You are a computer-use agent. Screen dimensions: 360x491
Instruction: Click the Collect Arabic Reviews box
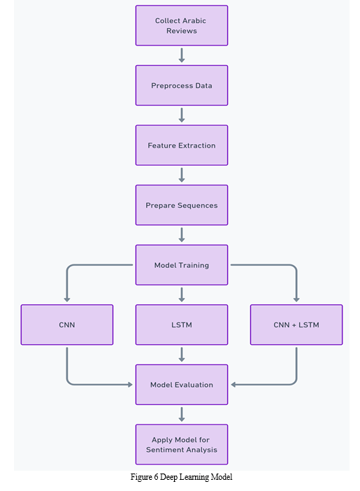(x=182, y=25)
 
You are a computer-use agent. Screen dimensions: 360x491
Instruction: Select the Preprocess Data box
(x=182, y=85)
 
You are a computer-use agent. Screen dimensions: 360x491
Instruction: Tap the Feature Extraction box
(x=182, y=145)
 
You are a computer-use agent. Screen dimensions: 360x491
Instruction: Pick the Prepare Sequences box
(x=182, y=205)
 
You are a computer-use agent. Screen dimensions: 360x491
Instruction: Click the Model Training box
(x=182, y=265)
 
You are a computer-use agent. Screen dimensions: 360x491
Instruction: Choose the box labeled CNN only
(x=67, y=325)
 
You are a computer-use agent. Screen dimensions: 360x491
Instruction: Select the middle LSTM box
(x=182, y=325)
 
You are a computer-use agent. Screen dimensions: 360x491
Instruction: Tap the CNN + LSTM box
(x=296, y=325)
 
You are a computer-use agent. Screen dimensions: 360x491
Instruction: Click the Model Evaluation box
(x=182, y=385)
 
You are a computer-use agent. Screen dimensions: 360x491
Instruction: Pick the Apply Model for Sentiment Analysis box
(x=182, y=444)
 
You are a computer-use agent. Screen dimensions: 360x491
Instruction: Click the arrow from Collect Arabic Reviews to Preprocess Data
(x=182, y=55)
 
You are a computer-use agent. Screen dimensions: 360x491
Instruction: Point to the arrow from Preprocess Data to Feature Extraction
(x=182, y=115)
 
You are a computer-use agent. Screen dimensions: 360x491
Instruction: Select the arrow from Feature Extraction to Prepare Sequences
(x=182, y=175)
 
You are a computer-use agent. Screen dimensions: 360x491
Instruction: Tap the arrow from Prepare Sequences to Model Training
(x=182, y=234)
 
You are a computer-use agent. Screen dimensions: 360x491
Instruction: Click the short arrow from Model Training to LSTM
(x=182, y=294)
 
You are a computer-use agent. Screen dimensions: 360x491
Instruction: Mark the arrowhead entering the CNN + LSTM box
(x=296, y=299)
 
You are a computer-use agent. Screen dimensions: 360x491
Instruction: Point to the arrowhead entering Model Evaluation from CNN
(x=131, y=385)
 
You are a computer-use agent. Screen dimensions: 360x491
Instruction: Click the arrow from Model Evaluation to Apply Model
(x=182, y=414)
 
